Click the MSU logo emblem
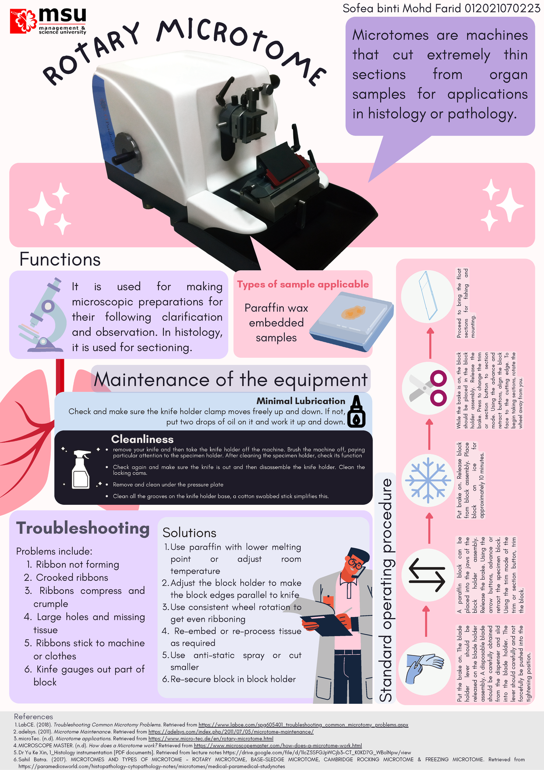[24, 21]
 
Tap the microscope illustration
[43, 315]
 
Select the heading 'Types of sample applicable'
[303, 284]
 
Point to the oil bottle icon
[356, 411]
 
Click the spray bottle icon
[81, 469]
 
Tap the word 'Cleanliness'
[142, 439]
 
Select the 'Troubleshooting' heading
[83, 528]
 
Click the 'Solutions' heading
[189, 533]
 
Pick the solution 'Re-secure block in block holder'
[233, 679]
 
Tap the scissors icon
[427, 389]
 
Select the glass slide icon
[427, 296]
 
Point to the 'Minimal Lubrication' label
[301, 401]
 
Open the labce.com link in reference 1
[303, 725]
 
